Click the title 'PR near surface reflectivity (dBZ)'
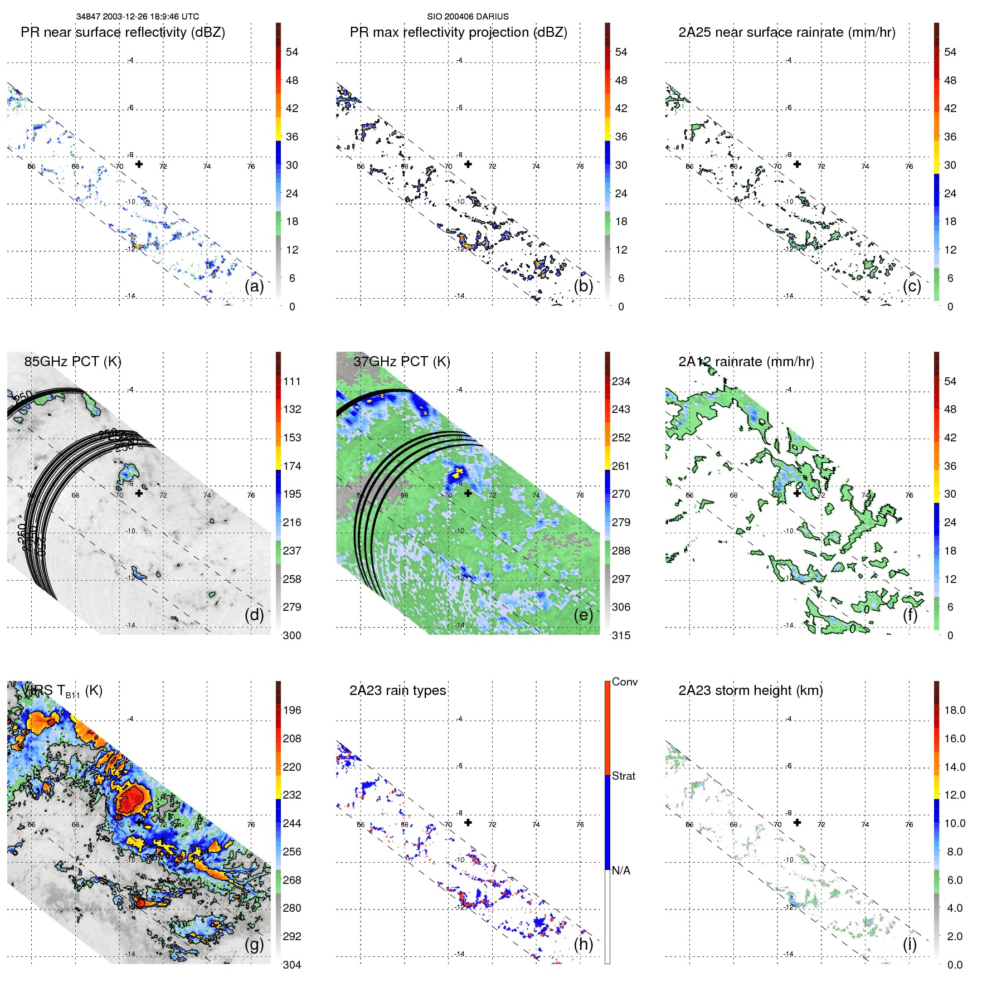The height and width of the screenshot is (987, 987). [123, 32]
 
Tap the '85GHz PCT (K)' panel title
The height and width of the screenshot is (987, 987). [72, 362]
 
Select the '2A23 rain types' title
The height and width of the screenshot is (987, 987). [397, 691]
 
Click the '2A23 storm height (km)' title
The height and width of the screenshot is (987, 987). [750, 691]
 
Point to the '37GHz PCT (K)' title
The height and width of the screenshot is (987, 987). [401, 362]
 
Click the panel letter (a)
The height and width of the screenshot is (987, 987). [254, 286]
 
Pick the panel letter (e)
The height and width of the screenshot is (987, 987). [584, 615]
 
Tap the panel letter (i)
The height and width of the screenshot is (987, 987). [910, 944]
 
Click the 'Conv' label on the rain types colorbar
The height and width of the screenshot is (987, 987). [624, 682]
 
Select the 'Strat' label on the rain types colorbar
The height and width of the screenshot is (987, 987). [623, 776]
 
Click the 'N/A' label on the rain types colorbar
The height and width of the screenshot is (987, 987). [621, 871]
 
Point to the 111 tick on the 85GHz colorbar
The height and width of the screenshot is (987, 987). [292, 381]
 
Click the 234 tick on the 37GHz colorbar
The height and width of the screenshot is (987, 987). [621, 381]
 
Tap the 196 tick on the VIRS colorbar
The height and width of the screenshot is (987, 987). [292, 710]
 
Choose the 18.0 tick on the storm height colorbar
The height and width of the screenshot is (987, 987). [954, 710]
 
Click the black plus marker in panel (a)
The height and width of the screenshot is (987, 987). [139, 164]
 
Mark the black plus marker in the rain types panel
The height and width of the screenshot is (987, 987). [468, 822]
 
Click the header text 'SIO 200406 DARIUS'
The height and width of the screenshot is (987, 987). [468, 17]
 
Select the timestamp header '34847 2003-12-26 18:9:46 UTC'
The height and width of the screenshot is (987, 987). [138, 17]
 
